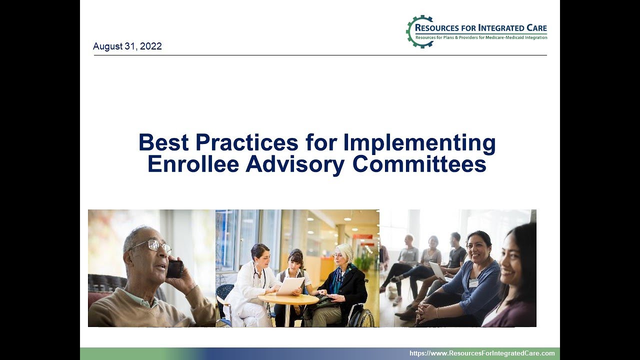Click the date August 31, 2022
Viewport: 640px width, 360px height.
[127, 46]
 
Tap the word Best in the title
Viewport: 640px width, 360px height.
[163, 143]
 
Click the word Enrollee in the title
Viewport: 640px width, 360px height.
[193, 164]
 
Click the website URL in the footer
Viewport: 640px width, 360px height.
[482, 353]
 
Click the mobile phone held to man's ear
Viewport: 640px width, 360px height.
[174, 268]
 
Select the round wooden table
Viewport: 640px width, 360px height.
[288, 299]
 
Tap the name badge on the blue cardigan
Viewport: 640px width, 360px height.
[473, 283]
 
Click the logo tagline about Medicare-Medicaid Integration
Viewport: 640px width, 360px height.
[480, 37]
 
